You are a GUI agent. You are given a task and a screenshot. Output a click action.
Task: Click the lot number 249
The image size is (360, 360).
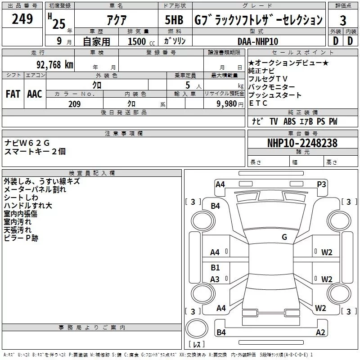pos(22,19)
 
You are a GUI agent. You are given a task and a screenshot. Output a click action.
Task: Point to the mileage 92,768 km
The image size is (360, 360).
pos(54,65)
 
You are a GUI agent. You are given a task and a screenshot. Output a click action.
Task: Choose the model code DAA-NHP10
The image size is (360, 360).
pos(258,41)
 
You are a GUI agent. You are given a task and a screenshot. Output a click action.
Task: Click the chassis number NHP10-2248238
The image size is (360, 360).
pos(302,143)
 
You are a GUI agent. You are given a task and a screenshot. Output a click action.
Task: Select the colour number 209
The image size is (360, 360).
pos(74,104)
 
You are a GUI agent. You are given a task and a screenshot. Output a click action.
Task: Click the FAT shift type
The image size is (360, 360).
pos(13,94)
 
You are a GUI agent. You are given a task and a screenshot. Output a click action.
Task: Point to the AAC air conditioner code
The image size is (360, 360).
pos(35,94)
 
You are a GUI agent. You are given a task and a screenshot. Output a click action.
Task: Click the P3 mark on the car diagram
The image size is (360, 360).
pos(321,184)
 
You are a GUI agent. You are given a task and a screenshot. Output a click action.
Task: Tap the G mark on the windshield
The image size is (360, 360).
pos(284,237)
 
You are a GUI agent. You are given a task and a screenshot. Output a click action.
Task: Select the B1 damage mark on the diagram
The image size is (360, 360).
pos(216,268)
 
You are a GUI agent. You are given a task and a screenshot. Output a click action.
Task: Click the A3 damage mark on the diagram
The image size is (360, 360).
pos(215,279)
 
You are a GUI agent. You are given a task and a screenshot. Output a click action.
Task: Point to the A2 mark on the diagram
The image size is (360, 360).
pos(320,333)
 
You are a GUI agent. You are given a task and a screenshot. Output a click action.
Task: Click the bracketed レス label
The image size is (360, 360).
pos(197,345)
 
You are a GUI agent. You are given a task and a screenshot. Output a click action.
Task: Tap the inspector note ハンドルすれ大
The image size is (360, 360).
pos(28,206)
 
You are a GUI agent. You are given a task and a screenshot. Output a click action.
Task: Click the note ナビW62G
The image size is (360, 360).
pos(27,143)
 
